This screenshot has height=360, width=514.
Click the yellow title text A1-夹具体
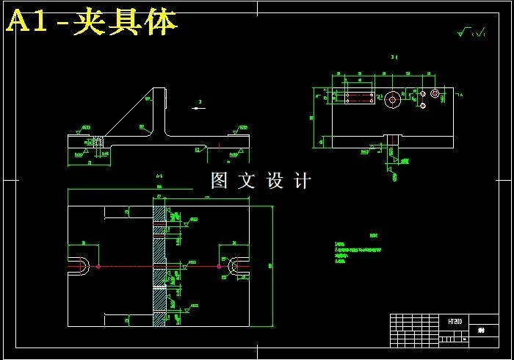[92, 22]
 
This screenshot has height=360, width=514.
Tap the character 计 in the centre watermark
[302, 180]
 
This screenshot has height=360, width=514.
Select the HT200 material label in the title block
[455, 322]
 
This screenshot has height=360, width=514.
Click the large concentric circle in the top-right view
[394, 99]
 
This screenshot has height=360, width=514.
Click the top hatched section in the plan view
[159, 214]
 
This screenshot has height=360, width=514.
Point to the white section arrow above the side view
[199, 108]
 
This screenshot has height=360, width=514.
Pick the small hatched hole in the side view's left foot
[96, 141]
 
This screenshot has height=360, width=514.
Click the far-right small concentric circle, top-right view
[435, 93]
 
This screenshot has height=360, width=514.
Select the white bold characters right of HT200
[482, 331]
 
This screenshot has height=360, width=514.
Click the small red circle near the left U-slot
[98, 266]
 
